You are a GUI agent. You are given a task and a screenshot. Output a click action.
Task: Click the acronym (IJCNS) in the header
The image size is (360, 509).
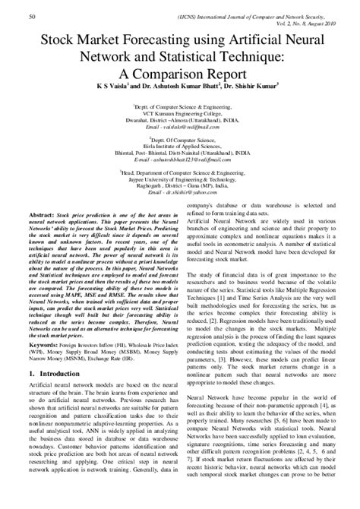[221, 15]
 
